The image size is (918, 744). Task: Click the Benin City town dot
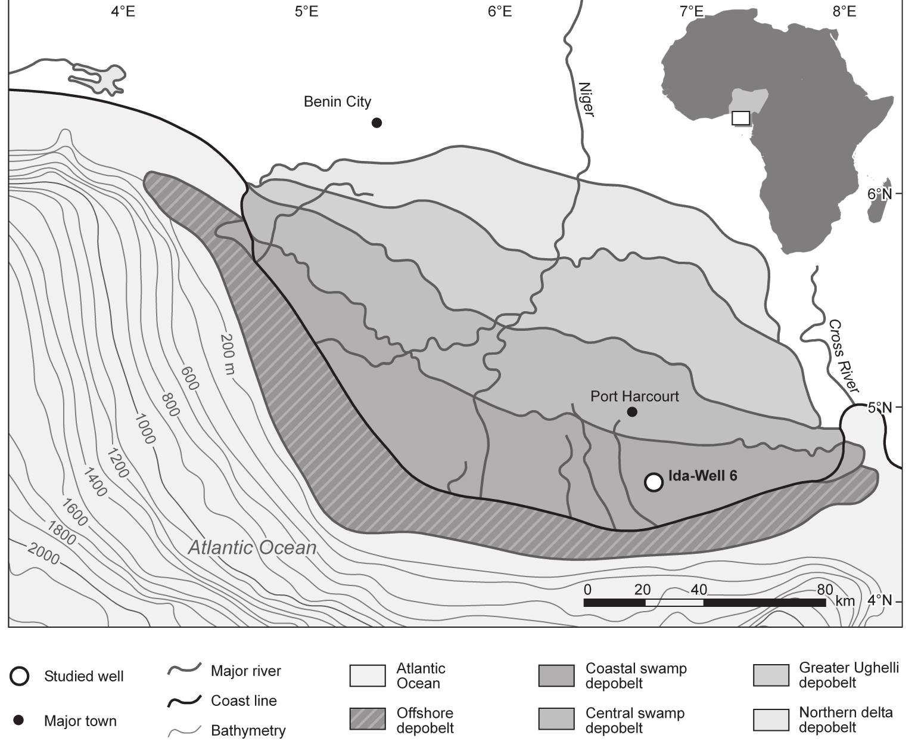376,123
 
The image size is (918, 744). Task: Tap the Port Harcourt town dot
632,412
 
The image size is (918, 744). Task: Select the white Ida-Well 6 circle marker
654,482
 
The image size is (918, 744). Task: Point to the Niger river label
586,100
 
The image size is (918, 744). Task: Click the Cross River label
844,356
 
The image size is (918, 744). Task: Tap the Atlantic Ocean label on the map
252,548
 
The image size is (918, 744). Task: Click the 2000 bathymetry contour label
43,554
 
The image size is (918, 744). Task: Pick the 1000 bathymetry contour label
144,429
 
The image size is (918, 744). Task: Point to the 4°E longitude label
123,11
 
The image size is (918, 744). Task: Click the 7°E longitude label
691,11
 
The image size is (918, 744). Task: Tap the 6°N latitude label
879,194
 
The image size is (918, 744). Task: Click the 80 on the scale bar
824,590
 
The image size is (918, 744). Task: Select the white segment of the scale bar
674,603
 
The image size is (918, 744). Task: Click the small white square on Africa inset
740,118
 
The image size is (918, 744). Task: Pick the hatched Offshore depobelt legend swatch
368,719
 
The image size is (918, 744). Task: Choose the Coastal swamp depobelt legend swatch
556,675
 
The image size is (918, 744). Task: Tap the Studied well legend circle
19,676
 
